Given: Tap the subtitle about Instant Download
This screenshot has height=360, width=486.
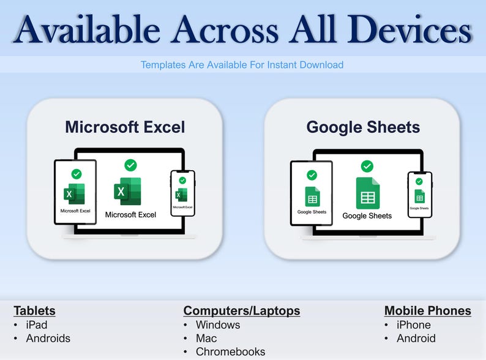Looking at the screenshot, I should [x=242, y=64].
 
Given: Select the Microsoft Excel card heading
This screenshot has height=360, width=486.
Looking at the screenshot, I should [x=125, y=127].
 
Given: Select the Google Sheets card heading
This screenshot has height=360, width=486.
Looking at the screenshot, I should [x=363, y=127].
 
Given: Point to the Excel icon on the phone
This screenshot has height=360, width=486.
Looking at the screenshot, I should [x=182, y=195].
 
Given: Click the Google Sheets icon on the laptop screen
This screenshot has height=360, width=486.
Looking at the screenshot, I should [x=367, y=193].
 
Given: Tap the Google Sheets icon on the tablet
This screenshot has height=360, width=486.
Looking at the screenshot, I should [x=312, y=197].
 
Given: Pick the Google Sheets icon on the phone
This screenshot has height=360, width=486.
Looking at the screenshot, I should [x=419, y=196].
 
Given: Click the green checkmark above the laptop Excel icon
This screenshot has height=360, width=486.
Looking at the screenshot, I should [x=130, y=165].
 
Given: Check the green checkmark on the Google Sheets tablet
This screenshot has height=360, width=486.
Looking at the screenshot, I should [x=312, y=174].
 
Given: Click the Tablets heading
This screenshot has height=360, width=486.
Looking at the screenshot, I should [x=34, y=310].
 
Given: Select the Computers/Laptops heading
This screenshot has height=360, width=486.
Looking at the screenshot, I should [x=242, y=310].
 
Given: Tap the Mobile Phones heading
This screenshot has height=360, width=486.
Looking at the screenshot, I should [x=427, y=310].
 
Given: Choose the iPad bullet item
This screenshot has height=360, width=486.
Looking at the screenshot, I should [x=37, y=324].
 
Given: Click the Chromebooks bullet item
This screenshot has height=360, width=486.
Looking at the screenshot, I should [x=230, y=351].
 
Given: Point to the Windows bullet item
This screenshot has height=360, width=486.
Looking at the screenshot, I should [x=218, y=324].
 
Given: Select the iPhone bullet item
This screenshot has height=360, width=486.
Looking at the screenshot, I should [x=414, y=324].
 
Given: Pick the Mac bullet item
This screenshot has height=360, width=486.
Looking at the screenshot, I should [x=206, y=338].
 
